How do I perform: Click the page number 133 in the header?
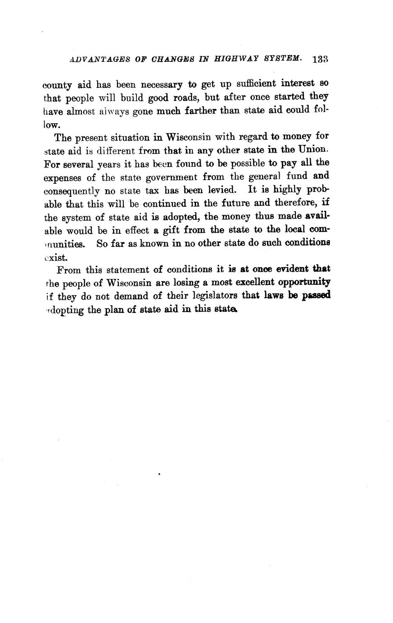pyautogui.click(x=319, y=59)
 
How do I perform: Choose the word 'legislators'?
pyautogui.click(x=206, y=296)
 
